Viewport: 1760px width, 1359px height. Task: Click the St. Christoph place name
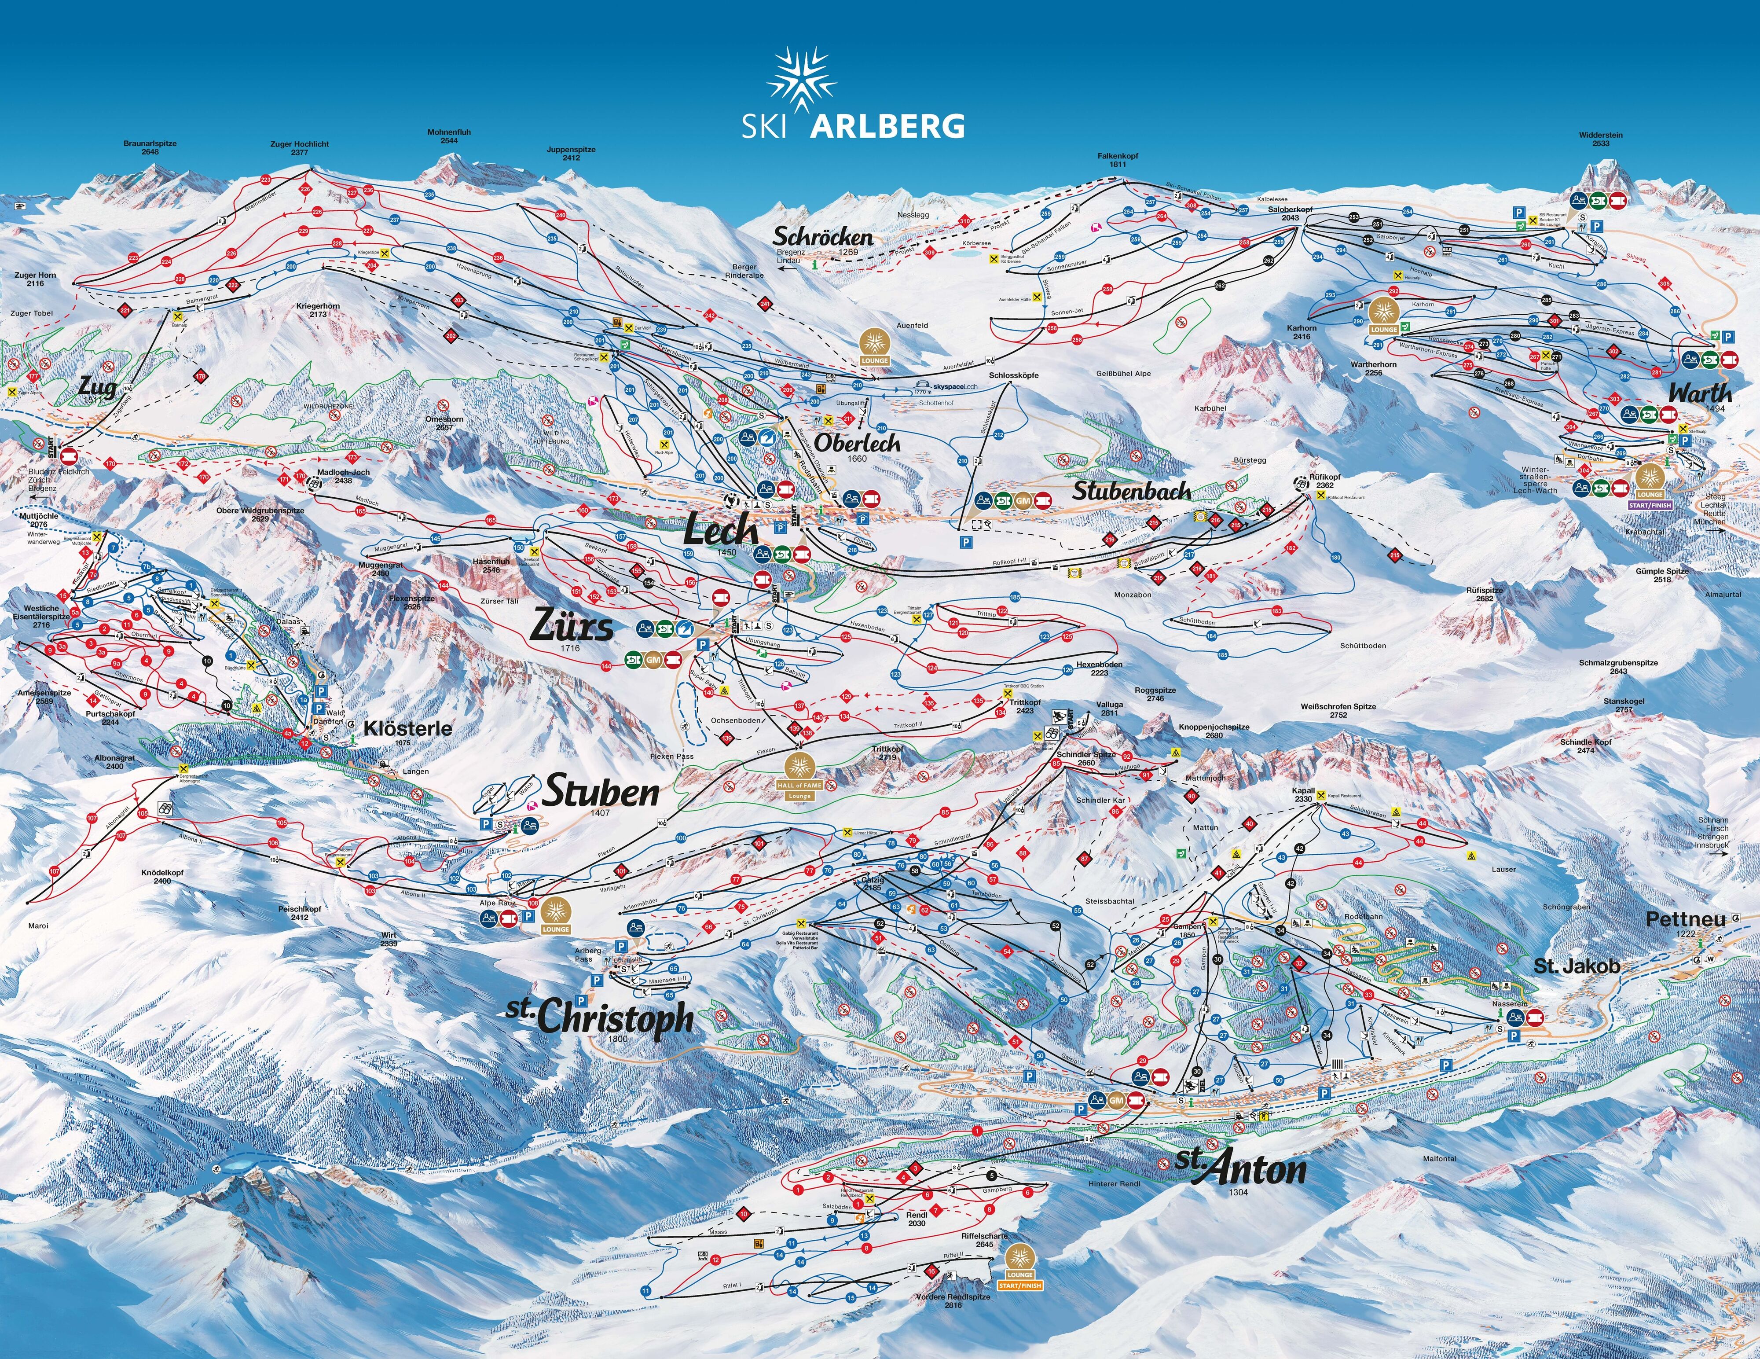pyautogui.click(x=600, y=1017)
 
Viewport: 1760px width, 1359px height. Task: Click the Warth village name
pyautogui.click(x=1700, y=393)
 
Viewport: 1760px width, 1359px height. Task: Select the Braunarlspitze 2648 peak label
pyautogui.click(x=150, y=147)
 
